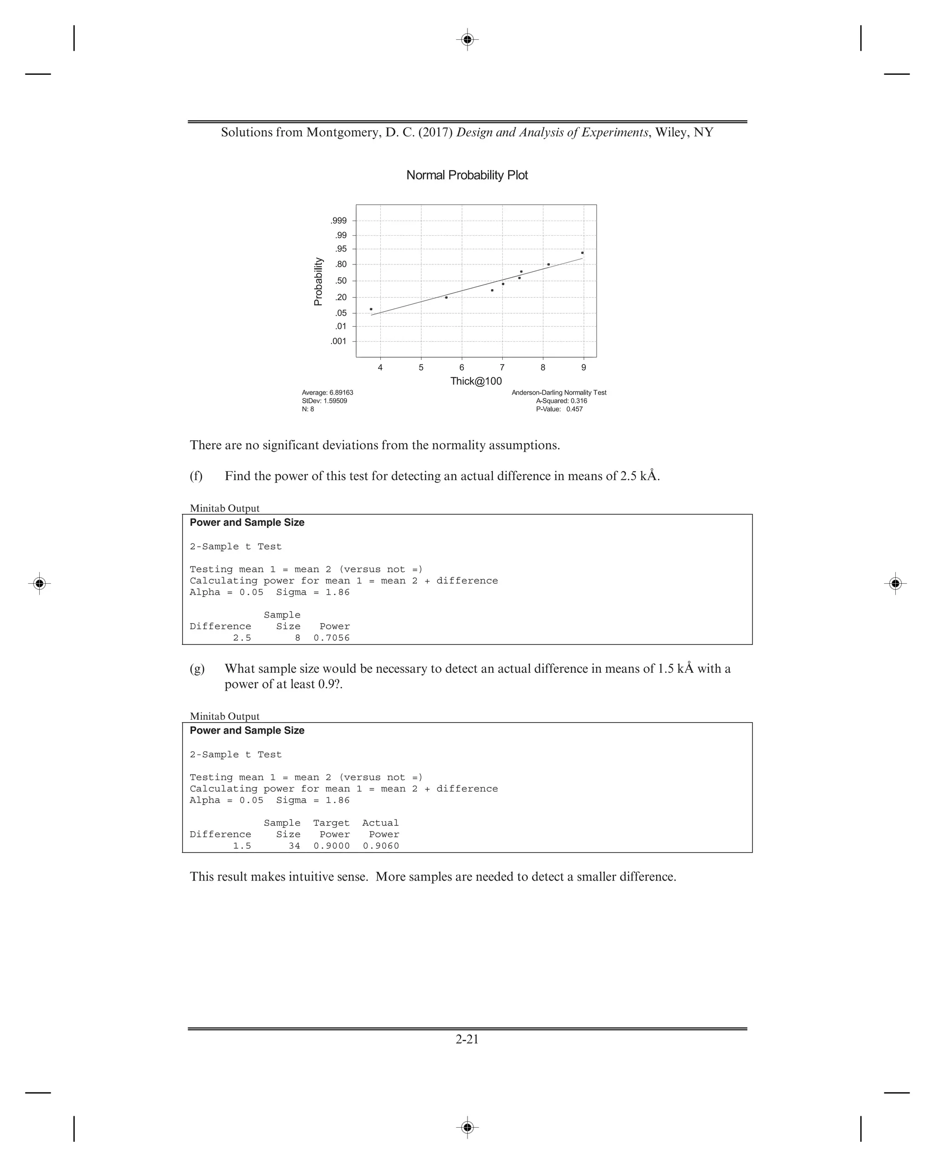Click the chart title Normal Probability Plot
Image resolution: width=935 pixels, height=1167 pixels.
tap(467, 175)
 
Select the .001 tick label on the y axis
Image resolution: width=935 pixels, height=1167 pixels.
tap(339, 341)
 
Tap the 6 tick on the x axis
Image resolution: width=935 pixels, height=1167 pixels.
tap(462, 368)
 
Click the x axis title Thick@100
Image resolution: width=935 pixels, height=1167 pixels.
tap(476, 381)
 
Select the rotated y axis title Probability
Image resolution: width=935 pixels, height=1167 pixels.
tap(318, 281)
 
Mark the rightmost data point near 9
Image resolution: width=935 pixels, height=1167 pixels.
tap(582, 253)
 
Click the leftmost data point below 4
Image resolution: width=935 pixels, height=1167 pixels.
tap(371, 309)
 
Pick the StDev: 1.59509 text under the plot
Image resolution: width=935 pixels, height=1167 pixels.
tap(325, 401)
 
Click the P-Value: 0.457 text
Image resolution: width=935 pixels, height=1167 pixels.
tap(559, 409)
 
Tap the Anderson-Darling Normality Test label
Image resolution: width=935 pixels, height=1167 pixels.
tap(559, 392)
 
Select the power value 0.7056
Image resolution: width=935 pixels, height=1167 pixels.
tap(332, 638)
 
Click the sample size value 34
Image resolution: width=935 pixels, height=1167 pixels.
tap(294, 845)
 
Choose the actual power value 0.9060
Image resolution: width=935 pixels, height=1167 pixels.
tap(381, 845)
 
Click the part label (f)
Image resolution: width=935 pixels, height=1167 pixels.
tap(196, 476)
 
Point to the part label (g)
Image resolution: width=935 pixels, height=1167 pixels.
tap(197, 669)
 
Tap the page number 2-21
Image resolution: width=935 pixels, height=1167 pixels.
tap(467, 1039)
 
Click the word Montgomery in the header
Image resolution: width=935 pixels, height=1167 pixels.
tap(342, 132)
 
